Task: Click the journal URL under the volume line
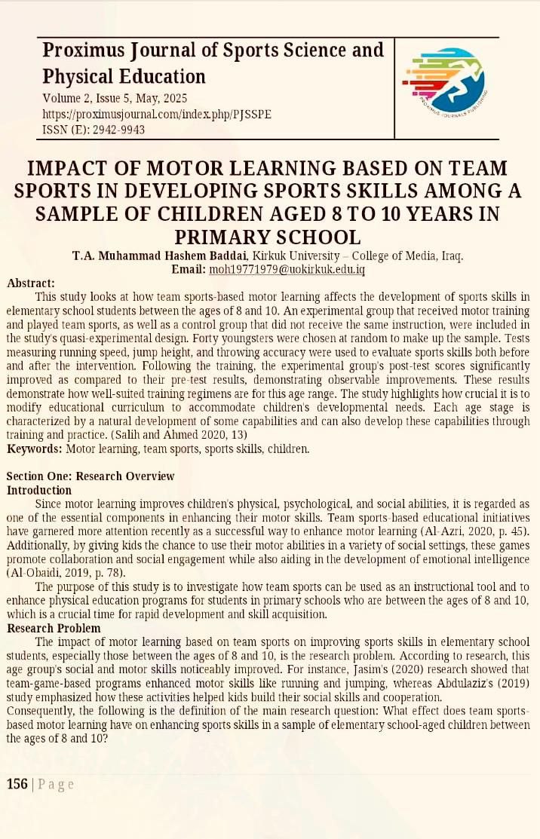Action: click(x=157, y=114)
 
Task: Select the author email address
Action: click(x=287, y=269)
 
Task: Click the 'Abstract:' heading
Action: click(x=31, y=283)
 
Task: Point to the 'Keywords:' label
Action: click(x=35, y=449)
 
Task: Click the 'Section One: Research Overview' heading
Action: click(x=91, y=476)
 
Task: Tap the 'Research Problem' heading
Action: click(x=53, y=628)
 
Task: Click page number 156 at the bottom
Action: click(x=17, y=784)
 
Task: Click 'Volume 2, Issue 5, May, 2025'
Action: click(x=115, y=99)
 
